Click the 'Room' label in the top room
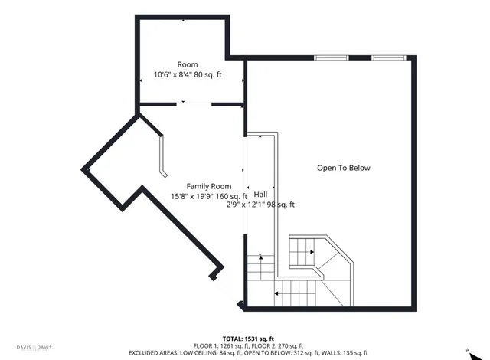(x=188, y=65)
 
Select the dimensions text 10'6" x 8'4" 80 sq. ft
(x=188, y=75)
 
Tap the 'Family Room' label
(x=209, y=186)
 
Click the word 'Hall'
(x=261, y=195)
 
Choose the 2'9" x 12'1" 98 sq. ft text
(x=260, y=205)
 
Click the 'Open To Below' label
(x=343, y=168)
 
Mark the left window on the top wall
(x=330, y=57)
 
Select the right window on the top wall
(x=388, y=57)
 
